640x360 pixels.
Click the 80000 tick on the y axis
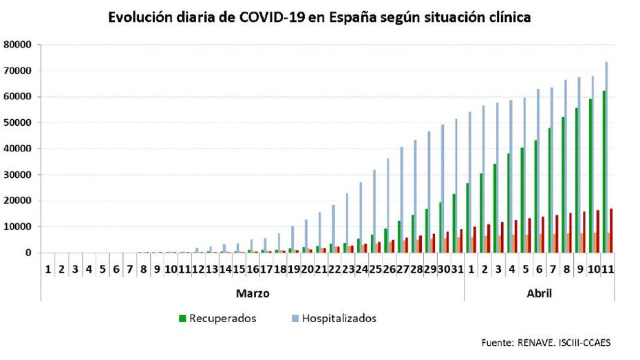[x=18, y=45]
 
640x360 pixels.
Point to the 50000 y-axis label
[x=18, y=123]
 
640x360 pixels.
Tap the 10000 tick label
[x=18, y=226]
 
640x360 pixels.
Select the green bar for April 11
[x=603, y=171]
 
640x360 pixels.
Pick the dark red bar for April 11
[x=612, y=231]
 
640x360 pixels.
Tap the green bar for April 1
[x=467, y=218]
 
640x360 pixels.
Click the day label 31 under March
[x=457, y=268]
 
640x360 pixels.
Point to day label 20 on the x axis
[x=307, y=268]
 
